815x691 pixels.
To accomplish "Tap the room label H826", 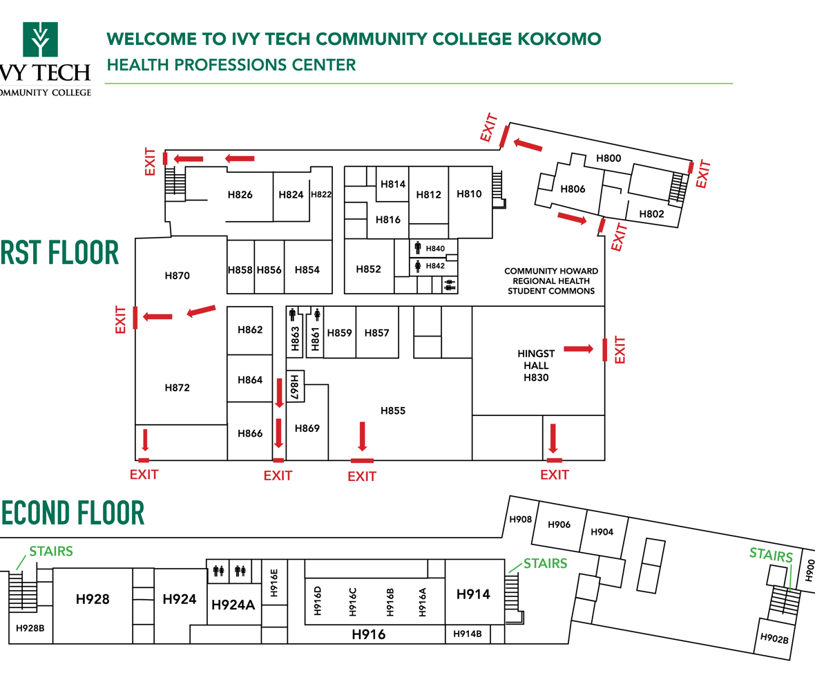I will (240, 195).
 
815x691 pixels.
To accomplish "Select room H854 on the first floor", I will (307, 269).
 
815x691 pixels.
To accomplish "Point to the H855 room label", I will (393, 411).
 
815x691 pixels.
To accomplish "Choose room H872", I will (177, 388).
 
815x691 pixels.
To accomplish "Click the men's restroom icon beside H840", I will (418, 248).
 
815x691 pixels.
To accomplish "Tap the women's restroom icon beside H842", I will (418, 265).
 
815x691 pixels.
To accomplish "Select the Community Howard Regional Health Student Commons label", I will (550, 281).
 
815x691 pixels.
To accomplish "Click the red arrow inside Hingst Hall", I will (578, 349).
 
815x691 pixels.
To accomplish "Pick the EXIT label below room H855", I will (362, 476).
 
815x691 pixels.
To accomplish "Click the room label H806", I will (573, 189).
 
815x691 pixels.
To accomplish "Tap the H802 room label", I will (651, 214).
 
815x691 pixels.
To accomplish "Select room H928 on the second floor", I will (93, 599).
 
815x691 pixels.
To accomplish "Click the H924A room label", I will (233, 605).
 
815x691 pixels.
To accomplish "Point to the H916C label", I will (353, 601).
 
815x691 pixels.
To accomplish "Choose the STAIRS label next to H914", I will (545, 563).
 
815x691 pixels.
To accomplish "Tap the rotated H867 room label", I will (294, 387).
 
